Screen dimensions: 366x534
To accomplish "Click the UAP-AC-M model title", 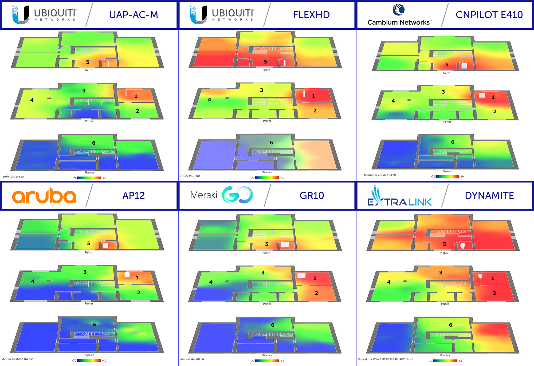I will (x=133, y=15).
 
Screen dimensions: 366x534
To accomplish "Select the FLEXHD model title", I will (x=311, y=15).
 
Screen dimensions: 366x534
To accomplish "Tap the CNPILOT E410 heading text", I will (x=489, y=15).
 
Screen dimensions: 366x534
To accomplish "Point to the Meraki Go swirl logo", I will (x=237, y=195).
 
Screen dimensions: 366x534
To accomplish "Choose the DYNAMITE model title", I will (x=489, y=196).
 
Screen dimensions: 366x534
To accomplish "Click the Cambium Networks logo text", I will (x=399, y=22).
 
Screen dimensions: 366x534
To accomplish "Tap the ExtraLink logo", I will (x=399, y=198).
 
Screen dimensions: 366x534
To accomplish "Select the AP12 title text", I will (x=133, y=196).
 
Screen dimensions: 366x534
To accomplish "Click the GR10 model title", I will (x=312, y=196).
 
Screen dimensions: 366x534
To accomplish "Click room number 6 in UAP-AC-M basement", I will (x=93, y=143).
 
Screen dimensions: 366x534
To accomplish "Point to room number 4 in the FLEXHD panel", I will (x=209, y=100).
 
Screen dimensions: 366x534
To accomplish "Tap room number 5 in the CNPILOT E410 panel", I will (x=447, y=64).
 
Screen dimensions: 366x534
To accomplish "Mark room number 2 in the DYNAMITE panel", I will (x=494, y=293).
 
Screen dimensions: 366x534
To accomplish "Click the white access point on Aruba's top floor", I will (x=105, y=245).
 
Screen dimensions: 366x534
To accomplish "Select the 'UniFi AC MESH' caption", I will (x=14, y=177).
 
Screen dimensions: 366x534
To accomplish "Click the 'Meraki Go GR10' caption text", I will (x=192, y=359).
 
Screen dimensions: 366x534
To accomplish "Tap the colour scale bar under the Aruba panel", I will (x=89, y=360).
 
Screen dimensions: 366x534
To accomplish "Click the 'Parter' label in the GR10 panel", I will (x=267, y=304).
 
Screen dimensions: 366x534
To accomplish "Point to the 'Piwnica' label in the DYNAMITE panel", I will (x=445, y=355).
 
